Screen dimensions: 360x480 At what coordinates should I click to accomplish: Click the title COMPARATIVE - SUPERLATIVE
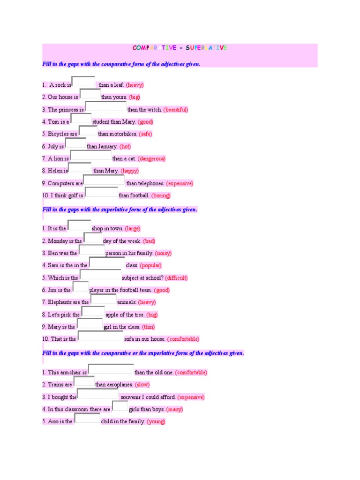point(180,48)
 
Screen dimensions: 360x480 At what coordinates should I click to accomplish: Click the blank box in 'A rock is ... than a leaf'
point(84,82)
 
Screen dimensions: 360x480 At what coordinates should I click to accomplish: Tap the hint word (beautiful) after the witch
point(176,110)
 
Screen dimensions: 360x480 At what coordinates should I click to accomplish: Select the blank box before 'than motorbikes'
point(88,131)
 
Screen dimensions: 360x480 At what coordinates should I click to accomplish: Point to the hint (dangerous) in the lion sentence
point(151,159)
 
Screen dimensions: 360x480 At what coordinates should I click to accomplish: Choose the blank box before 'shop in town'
point(79,226)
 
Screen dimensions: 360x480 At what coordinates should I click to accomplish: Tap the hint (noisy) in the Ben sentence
point(163,253)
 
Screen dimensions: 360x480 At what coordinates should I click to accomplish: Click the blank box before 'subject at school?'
point(100,275)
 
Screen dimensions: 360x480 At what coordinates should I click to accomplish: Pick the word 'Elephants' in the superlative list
point(60,302)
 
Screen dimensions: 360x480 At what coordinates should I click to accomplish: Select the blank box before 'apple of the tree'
point(93,312)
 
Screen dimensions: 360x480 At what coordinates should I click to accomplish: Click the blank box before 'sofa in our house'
point(100,336)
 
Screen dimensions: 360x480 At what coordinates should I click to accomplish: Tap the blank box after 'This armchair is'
point(111,370)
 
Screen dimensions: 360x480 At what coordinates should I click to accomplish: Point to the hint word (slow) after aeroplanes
point(142,385)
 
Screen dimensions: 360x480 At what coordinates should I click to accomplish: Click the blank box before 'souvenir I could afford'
point(97,394)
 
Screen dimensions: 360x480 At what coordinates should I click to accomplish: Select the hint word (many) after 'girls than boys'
point(174,409)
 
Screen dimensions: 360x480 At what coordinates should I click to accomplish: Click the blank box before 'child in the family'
point(87,419)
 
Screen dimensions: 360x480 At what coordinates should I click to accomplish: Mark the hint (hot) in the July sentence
point(126,147)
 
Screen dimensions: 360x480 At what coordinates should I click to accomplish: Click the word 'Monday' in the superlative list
point(58,241)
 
